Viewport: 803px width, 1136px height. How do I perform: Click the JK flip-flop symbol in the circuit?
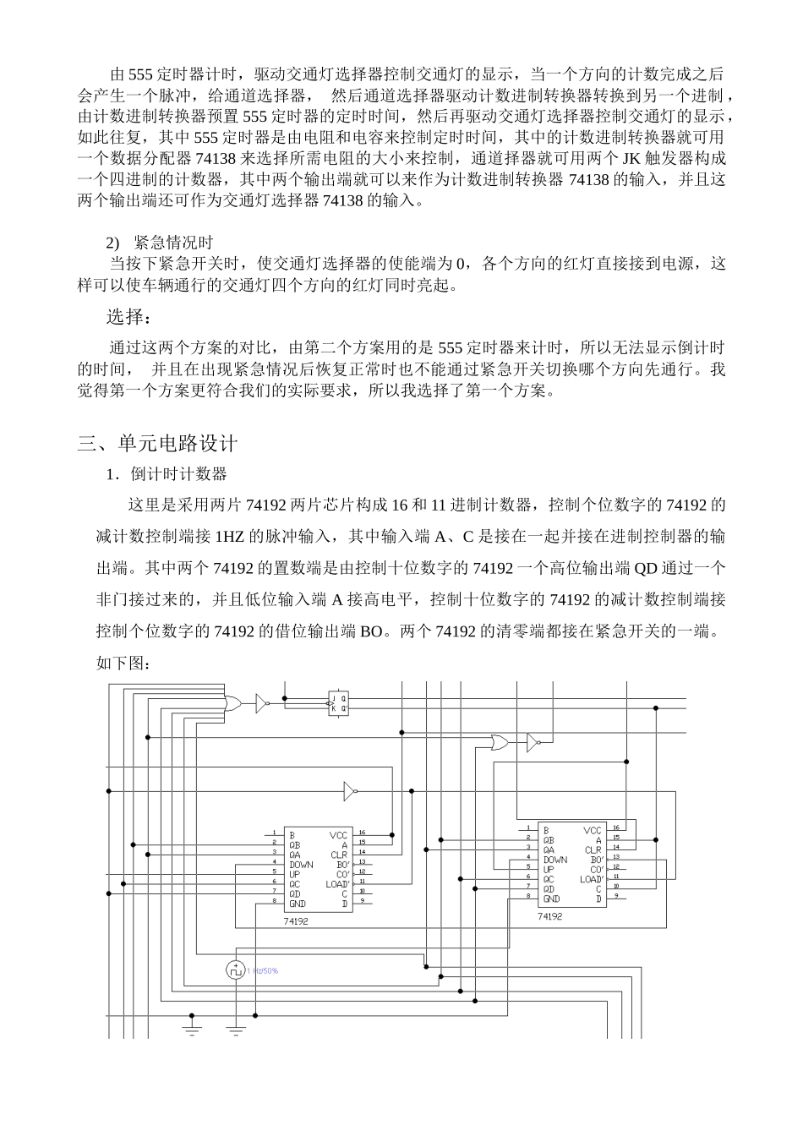[x=337, y=702]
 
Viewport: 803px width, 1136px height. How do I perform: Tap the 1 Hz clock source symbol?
[x=236, y=970]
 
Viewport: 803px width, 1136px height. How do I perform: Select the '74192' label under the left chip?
[x=296, y=921]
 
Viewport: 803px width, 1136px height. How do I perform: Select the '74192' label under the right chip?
[x=549, y=915]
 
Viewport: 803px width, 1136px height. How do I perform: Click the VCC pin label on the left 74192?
[x=338, y=835]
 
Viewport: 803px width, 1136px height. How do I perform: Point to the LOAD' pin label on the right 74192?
[x=592, y=879]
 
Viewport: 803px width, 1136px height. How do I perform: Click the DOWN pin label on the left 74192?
[x=301, y=865]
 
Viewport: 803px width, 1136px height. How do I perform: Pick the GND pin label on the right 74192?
[x=551, y=899]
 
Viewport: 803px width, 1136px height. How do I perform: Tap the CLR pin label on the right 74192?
[x=593, y=850]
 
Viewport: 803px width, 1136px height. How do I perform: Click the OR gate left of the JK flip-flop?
[x=229, y=702]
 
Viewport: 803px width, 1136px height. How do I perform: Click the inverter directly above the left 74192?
[x=349, y=791]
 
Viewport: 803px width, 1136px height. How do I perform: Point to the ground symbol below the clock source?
[x=236, y=1030]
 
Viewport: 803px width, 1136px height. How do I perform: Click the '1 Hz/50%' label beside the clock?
[x=263, y=970]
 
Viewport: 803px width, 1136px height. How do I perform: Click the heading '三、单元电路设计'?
[x=158, y=444]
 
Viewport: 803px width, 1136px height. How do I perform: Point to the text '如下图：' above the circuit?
[x=124, y=664]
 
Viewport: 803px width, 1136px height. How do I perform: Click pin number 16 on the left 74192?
[x=362, y=833]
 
